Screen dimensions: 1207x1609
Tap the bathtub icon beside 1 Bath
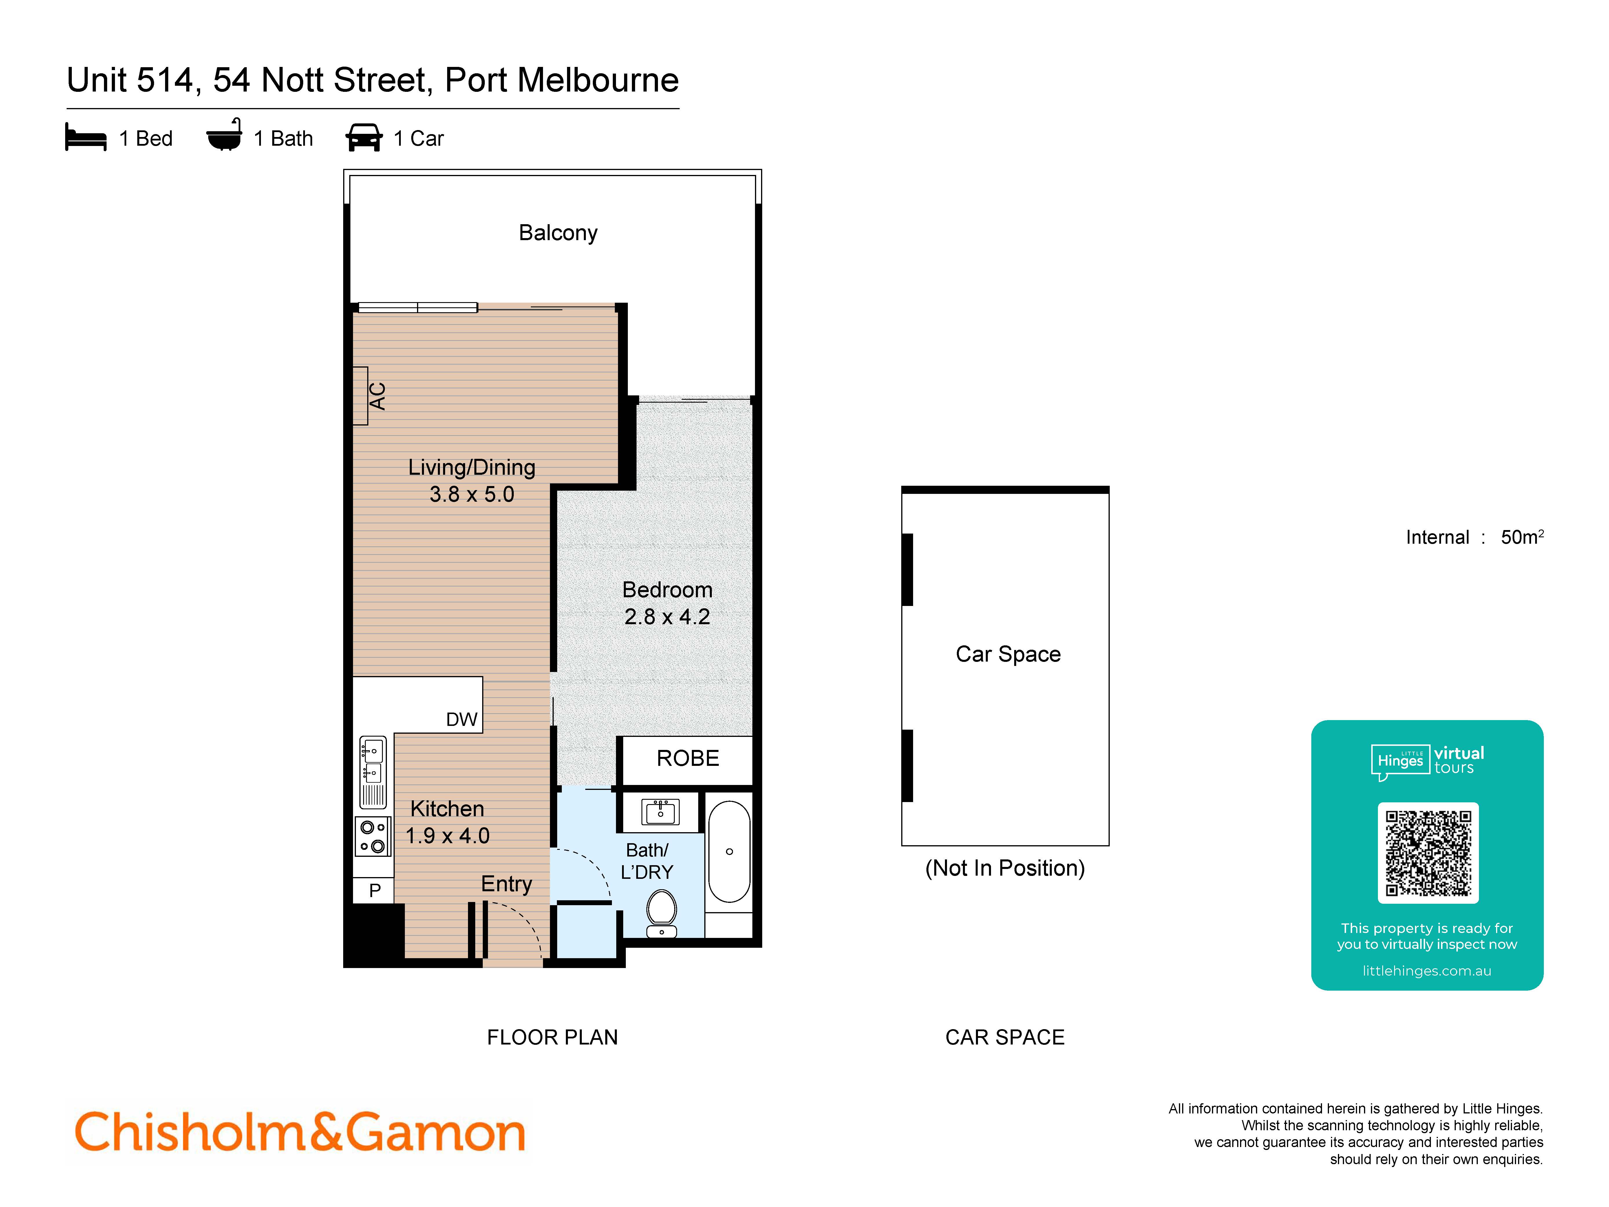(x=224, y=135)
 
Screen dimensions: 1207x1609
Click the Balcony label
(x=558, y=233)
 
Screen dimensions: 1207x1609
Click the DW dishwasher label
(x=461, y=720)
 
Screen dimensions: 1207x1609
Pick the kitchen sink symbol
(x=372, y=760)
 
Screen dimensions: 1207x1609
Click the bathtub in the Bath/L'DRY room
(x=729, y=851)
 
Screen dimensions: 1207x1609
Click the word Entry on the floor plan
(x=506, y=884)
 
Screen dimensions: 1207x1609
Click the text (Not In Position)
(x=1005, y=868)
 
